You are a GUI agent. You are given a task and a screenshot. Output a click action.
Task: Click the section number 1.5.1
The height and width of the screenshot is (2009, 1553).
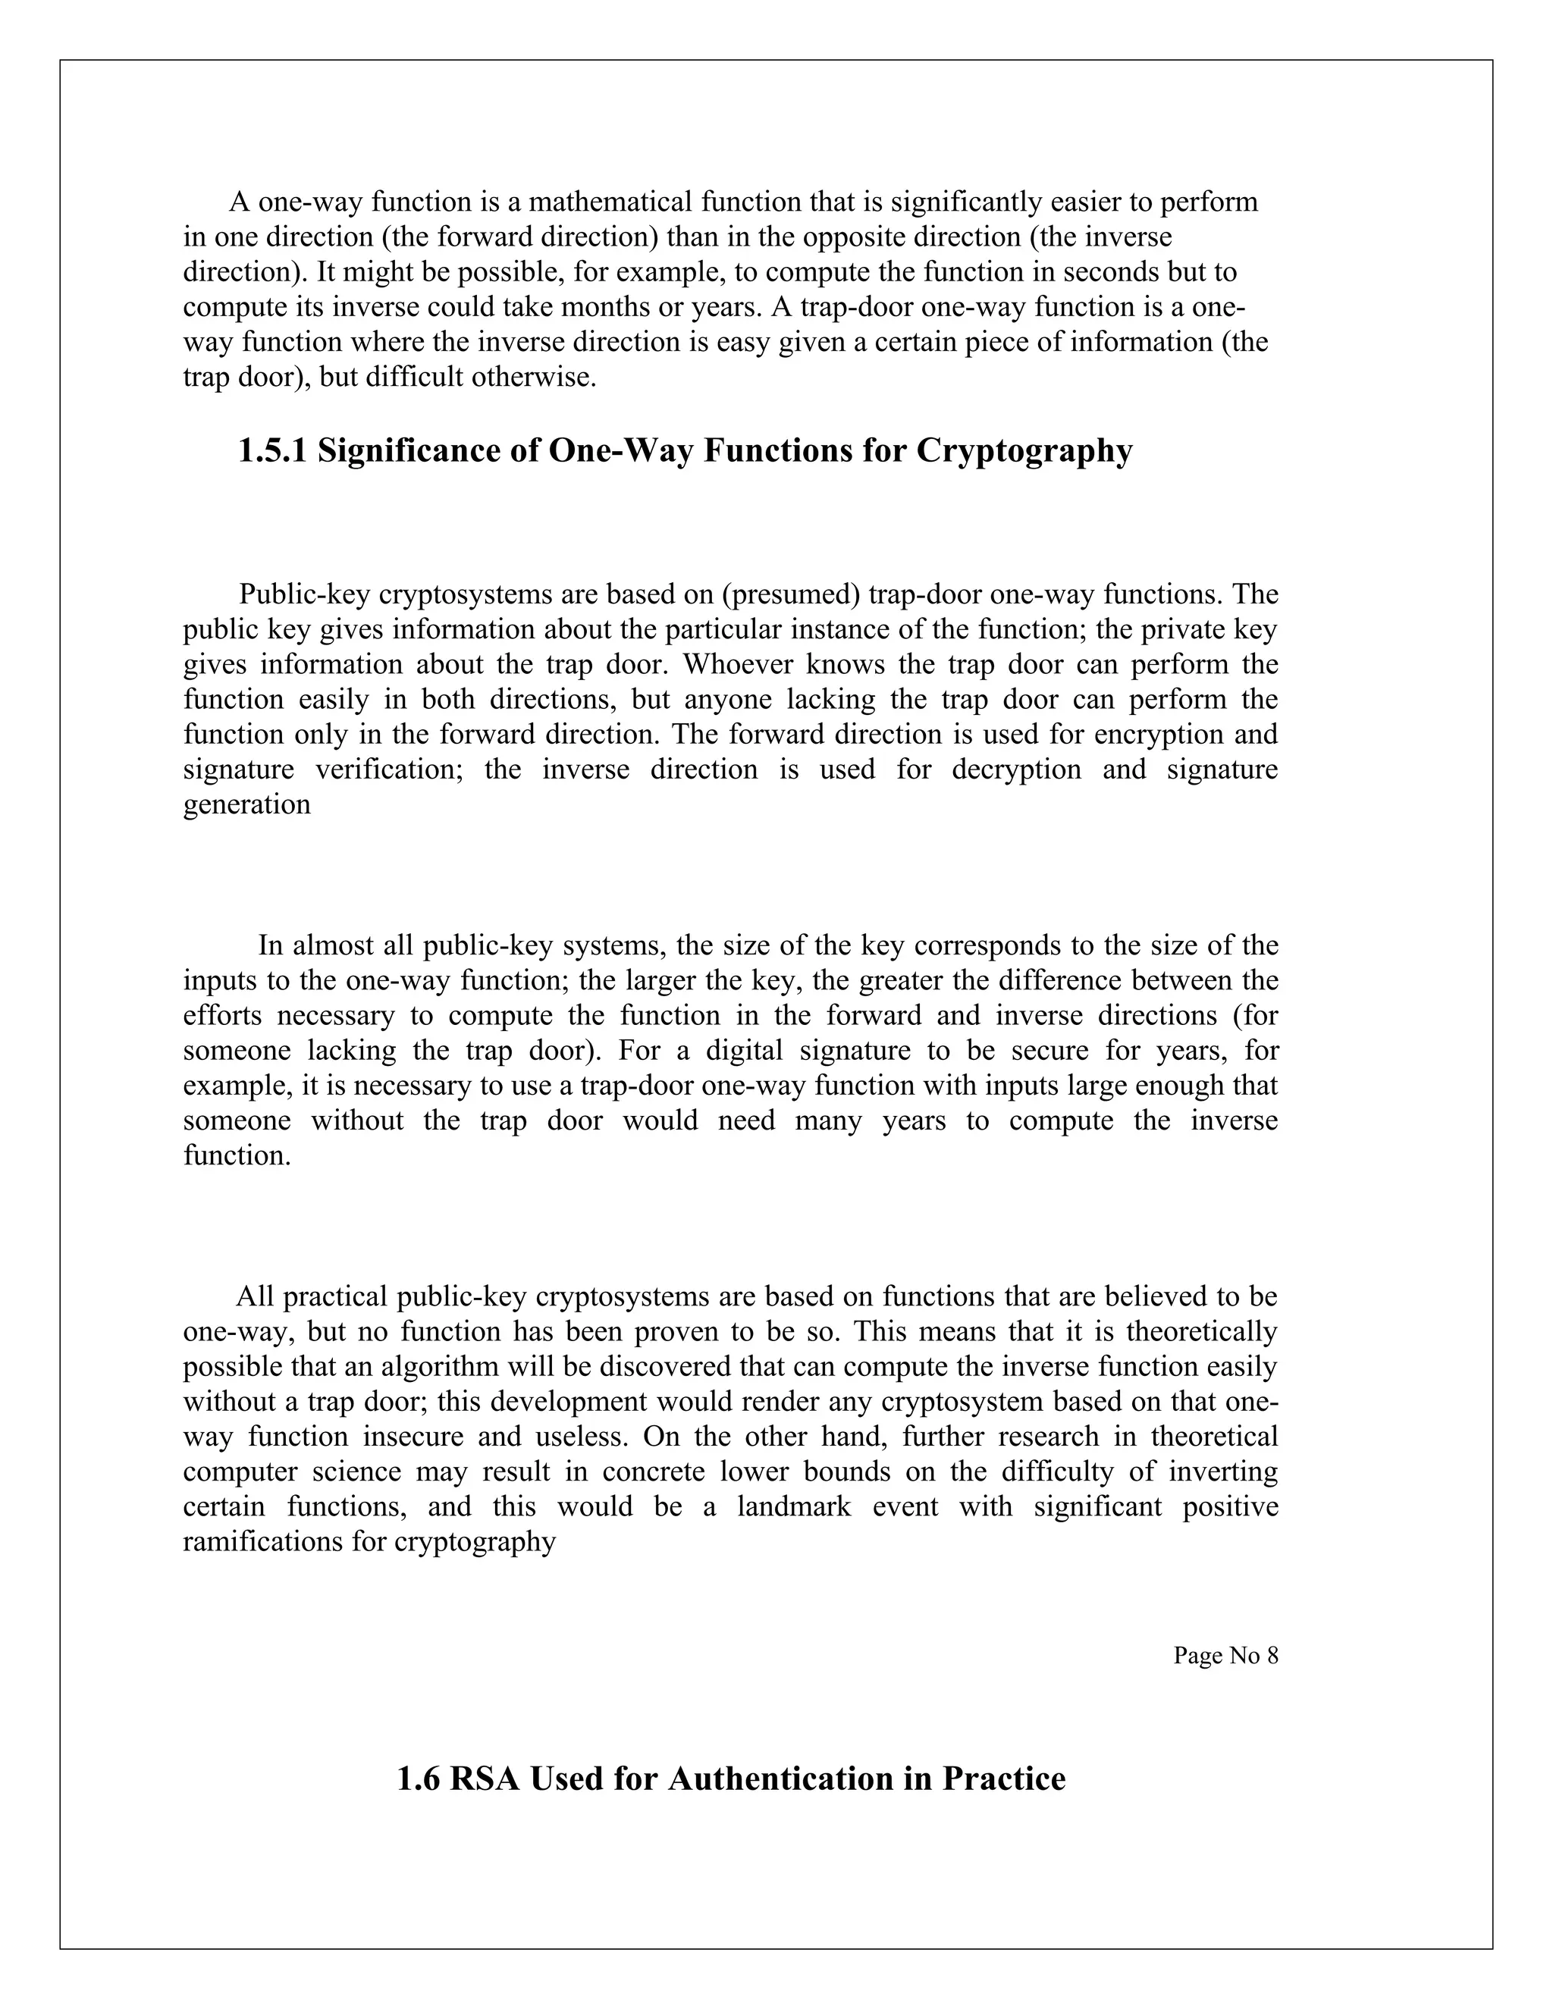coord(273,451)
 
